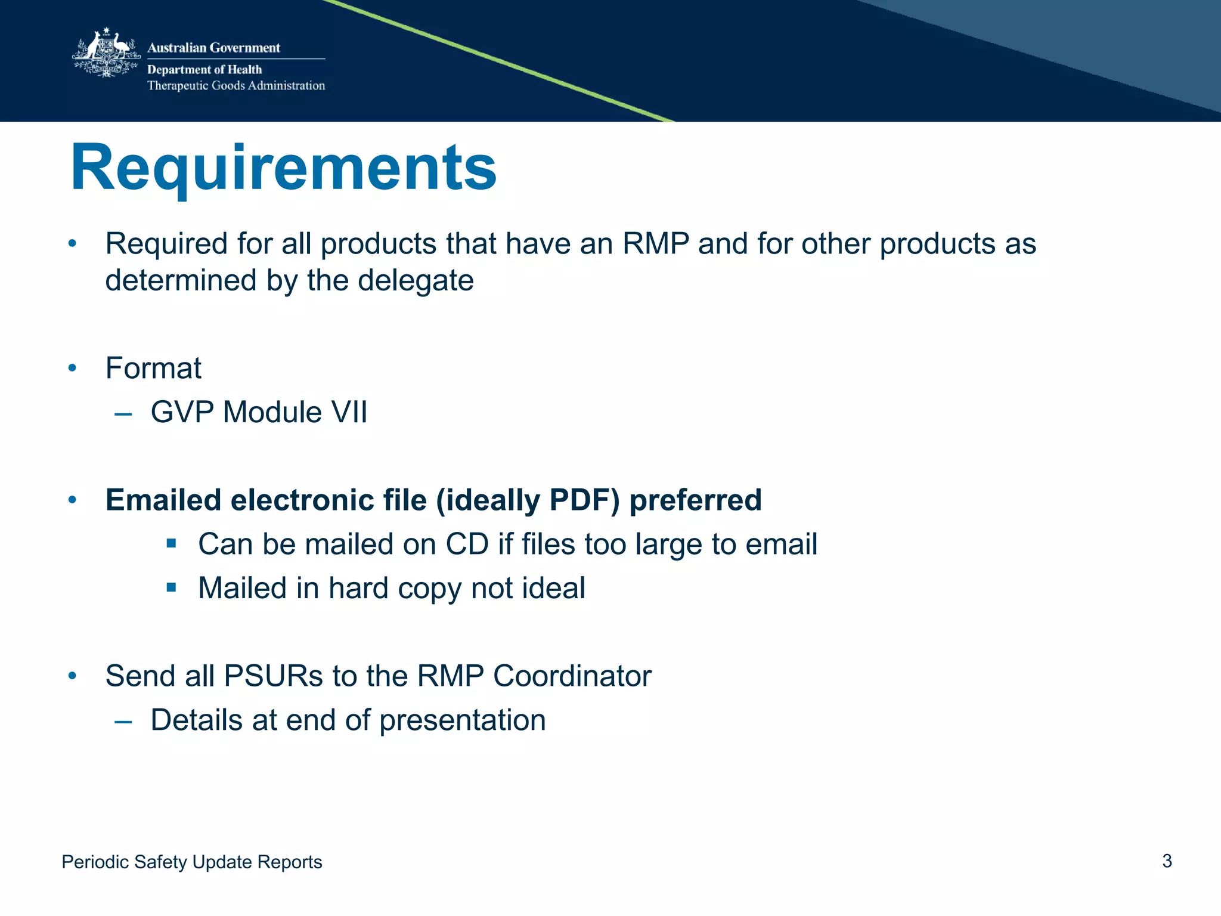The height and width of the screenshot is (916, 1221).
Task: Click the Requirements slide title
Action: [283, 168]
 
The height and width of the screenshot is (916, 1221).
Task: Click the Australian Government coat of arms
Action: [106, 54]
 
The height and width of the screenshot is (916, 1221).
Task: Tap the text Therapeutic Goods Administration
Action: [236, 85]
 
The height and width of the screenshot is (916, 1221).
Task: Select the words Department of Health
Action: [204, 69]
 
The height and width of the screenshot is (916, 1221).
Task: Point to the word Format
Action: [153, 368]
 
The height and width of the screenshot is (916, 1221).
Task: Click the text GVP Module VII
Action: [259, 412]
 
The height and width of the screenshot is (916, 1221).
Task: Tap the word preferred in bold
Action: [695, 500]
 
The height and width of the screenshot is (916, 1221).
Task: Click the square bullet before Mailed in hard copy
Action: [172, 587]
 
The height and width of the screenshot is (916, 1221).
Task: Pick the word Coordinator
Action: [572, 676]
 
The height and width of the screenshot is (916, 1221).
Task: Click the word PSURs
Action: [274, 676]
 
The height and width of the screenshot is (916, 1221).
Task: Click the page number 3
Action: [1167, 861]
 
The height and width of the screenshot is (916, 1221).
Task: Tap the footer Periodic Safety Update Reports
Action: [191, 862]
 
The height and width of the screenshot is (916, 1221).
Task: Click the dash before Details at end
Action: [123, 721]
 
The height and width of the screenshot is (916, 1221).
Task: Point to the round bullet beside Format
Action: [72, 368]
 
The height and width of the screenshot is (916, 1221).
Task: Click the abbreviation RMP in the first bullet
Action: [655, 244]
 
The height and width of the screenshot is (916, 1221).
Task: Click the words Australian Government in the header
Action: [213, 48]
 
